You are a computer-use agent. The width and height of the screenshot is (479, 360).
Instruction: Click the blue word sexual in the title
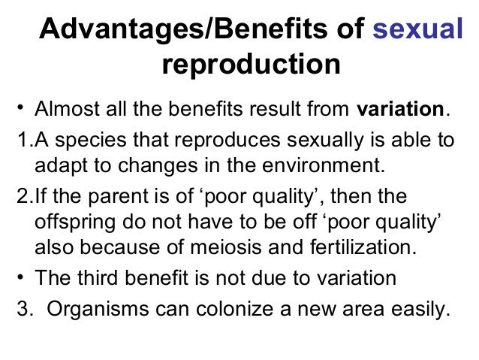pyautogui.click(x=418, y=32)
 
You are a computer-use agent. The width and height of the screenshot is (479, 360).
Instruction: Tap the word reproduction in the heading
pyautogui.click(x=251, y=65)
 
